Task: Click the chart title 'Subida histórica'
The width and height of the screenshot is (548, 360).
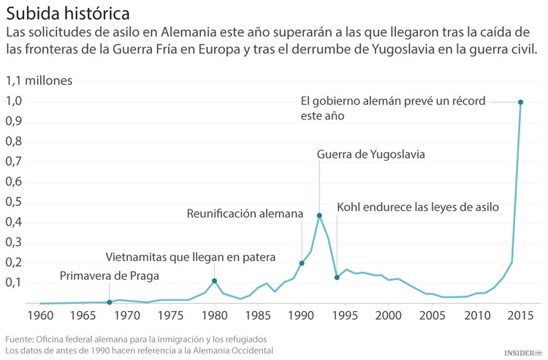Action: point(59,13)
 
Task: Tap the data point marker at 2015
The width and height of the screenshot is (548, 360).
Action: point(520,102)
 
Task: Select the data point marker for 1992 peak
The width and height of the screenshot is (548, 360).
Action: point(319,215)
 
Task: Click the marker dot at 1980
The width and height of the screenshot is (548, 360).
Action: point(214,281)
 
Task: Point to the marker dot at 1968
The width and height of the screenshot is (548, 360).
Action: point(110,302)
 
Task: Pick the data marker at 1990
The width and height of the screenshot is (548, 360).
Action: point(302,264)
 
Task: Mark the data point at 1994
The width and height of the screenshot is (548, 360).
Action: point(337,277)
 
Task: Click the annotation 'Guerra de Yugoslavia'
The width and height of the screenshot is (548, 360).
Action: point(370,155)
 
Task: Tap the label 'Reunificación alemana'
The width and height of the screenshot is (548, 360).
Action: point(244,214)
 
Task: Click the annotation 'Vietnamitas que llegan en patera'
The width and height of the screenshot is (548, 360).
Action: point(190,257)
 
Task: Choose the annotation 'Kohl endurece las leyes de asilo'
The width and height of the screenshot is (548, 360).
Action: point(418,207)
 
